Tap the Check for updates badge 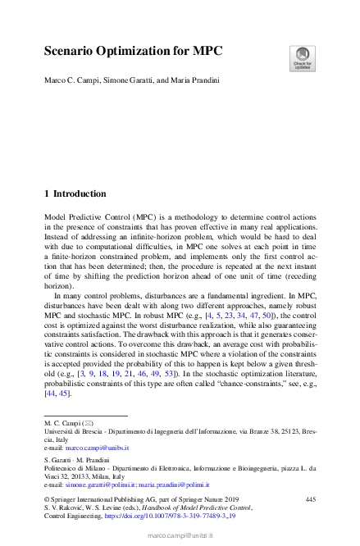tap(301, 58)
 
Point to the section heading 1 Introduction tap(75, 194)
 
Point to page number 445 tap(310, 499)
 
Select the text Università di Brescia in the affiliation tap(72, 431)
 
